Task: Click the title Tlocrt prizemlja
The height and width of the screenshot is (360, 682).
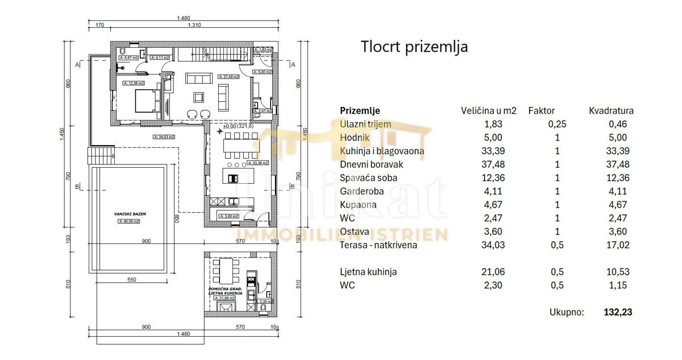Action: pyautogui.click(x=414, y=47)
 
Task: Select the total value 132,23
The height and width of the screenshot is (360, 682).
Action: pyautogui.click(x=618, y=312)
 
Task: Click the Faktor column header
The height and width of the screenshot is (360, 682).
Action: pyautogui.click(x=541, y=111)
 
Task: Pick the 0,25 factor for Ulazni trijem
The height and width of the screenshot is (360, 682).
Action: pyautogui.click(x=557, y=124)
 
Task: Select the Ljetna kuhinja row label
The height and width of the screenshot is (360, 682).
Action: pyautogui.click(x=368, y=272)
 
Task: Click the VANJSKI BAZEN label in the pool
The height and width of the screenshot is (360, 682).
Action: pyautogui.click(x=130, y=214)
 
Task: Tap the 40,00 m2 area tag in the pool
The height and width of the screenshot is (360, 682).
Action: pyautogui.click(x=130, y=222)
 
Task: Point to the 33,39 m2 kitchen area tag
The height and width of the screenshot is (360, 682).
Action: pyautogui.click(x=257, y=163)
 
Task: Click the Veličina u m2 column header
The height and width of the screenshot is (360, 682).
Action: pyautogui.click(x=488, y=111)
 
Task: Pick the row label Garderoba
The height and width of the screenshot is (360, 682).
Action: pyautogui.click(x=362, y=191)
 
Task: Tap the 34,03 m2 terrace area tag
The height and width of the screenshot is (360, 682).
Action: pyautogui.click(x=164, y=136)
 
